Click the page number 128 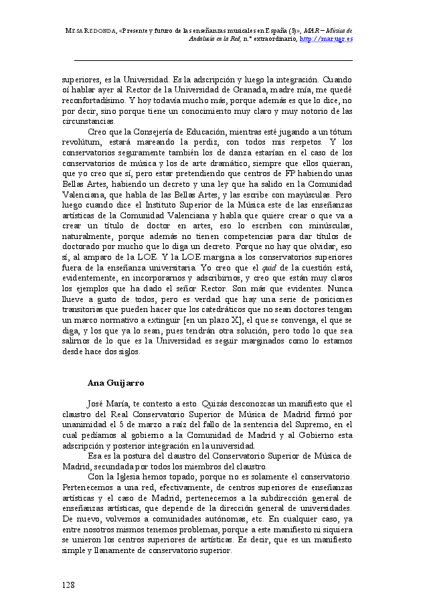click(68, 585)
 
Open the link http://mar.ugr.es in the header click(327, 39)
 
